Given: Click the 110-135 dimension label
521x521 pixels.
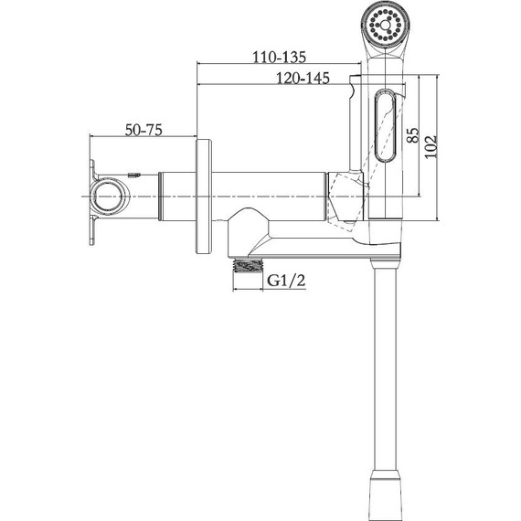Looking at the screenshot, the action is [279, 57].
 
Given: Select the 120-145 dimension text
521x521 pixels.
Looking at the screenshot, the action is [303, 78].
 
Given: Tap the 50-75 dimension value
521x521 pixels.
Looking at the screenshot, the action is [144, 130].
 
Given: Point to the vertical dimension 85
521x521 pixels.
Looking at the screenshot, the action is [413, 135].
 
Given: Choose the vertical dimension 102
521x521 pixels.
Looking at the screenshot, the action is [431, 146].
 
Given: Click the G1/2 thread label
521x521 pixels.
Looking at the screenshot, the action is [286, 281].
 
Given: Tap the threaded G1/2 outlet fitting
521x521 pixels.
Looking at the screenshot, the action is [248, 266].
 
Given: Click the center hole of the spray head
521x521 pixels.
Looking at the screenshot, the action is [385, 25].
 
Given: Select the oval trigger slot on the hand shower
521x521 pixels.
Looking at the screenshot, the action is [386, 125].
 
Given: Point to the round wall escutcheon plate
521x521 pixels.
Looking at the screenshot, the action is [204, 197].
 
